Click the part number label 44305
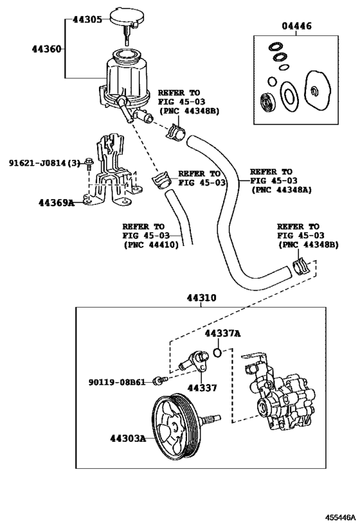click(x=87, y=20)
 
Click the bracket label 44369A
click(x=56, y=203)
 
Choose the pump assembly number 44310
click(x=201, y=298)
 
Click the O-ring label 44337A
click(x=222, y=333)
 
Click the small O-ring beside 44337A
click(x=219, y=352)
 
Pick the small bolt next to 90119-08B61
click(x=156, y=383)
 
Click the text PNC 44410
click(x=151, y=245)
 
